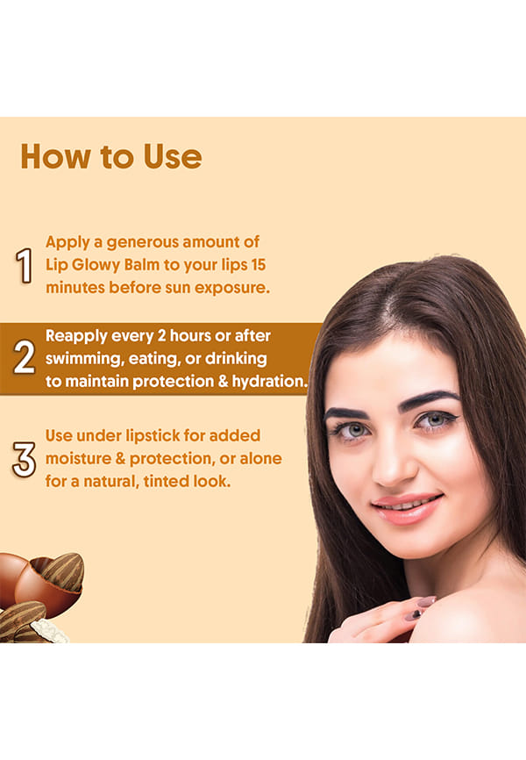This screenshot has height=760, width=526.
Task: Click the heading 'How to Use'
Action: click(111, 156)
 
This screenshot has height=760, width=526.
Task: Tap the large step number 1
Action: click(24, 265)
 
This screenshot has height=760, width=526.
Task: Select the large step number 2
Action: click(25, 357)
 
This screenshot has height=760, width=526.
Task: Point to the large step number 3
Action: click(25, 459)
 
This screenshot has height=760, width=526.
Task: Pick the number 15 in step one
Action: click(258, 265)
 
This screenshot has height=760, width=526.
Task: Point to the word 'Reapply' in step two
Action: click(76, 336)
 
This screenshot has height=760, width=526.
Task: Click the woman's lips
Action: click(407, 507)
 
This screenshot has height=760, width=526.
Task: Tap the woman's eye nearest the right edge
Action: click(434, 419)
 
